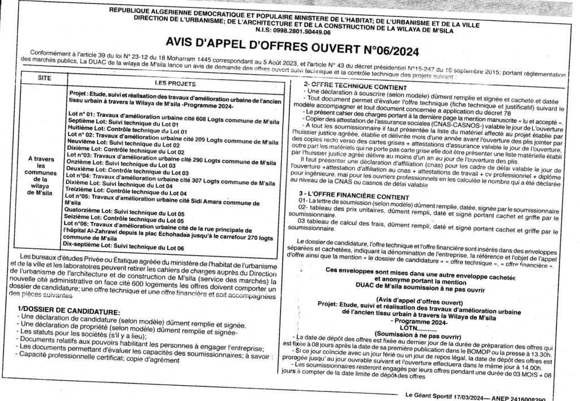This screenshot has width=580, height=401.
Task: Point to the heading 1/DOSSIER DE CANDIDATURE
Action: (69, 312)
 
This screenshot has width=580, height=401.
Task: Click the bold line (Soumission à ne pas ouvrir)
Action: (418, 335)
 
